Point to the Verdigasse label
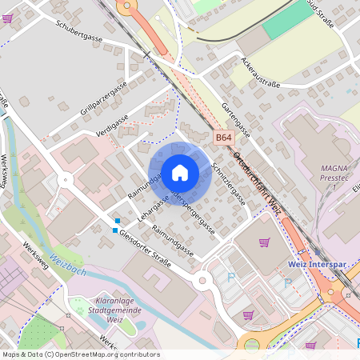pos(112,123)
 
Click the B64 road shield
pos(223,138)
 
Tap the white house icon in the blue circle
pos(179,173)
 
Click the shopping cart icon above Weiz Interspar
pos(265,242)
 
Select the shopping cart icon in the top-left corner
pos(7,18)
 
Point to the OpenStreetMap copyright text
pos(81,354)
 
